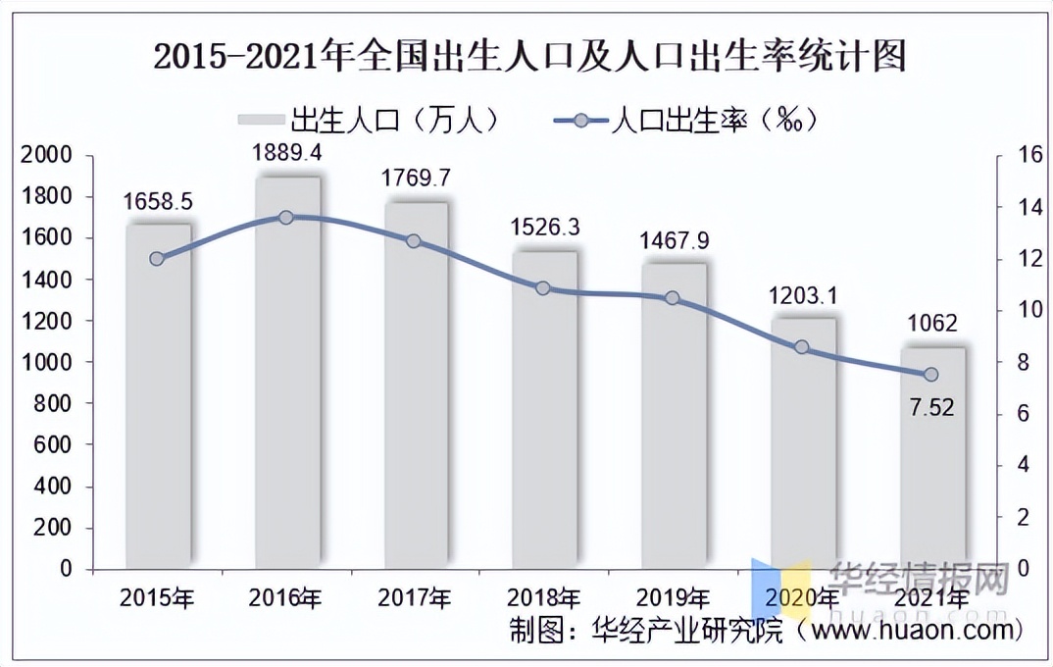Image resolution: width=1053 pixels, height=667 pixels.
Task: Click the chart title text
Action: (x=528, y=56)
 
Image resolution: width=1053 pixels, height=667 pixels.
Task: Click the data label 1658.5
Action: (x=158, y=202)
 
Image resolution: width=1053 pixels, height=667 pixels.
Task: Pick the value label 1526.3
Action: (x=545, y=227)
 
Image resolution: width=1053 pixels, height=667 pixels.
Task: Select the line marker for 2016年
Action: (x=286, y=217)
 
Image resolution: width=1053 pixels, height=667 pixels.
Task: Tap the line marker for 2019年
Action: (x=673, y=297)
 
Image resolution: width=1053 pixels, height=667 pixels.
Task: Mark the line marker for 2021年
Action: (x=931, y=375)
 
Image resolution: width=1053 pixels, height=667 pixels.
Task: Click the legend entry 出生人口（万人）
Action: (x=373, y=120)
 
